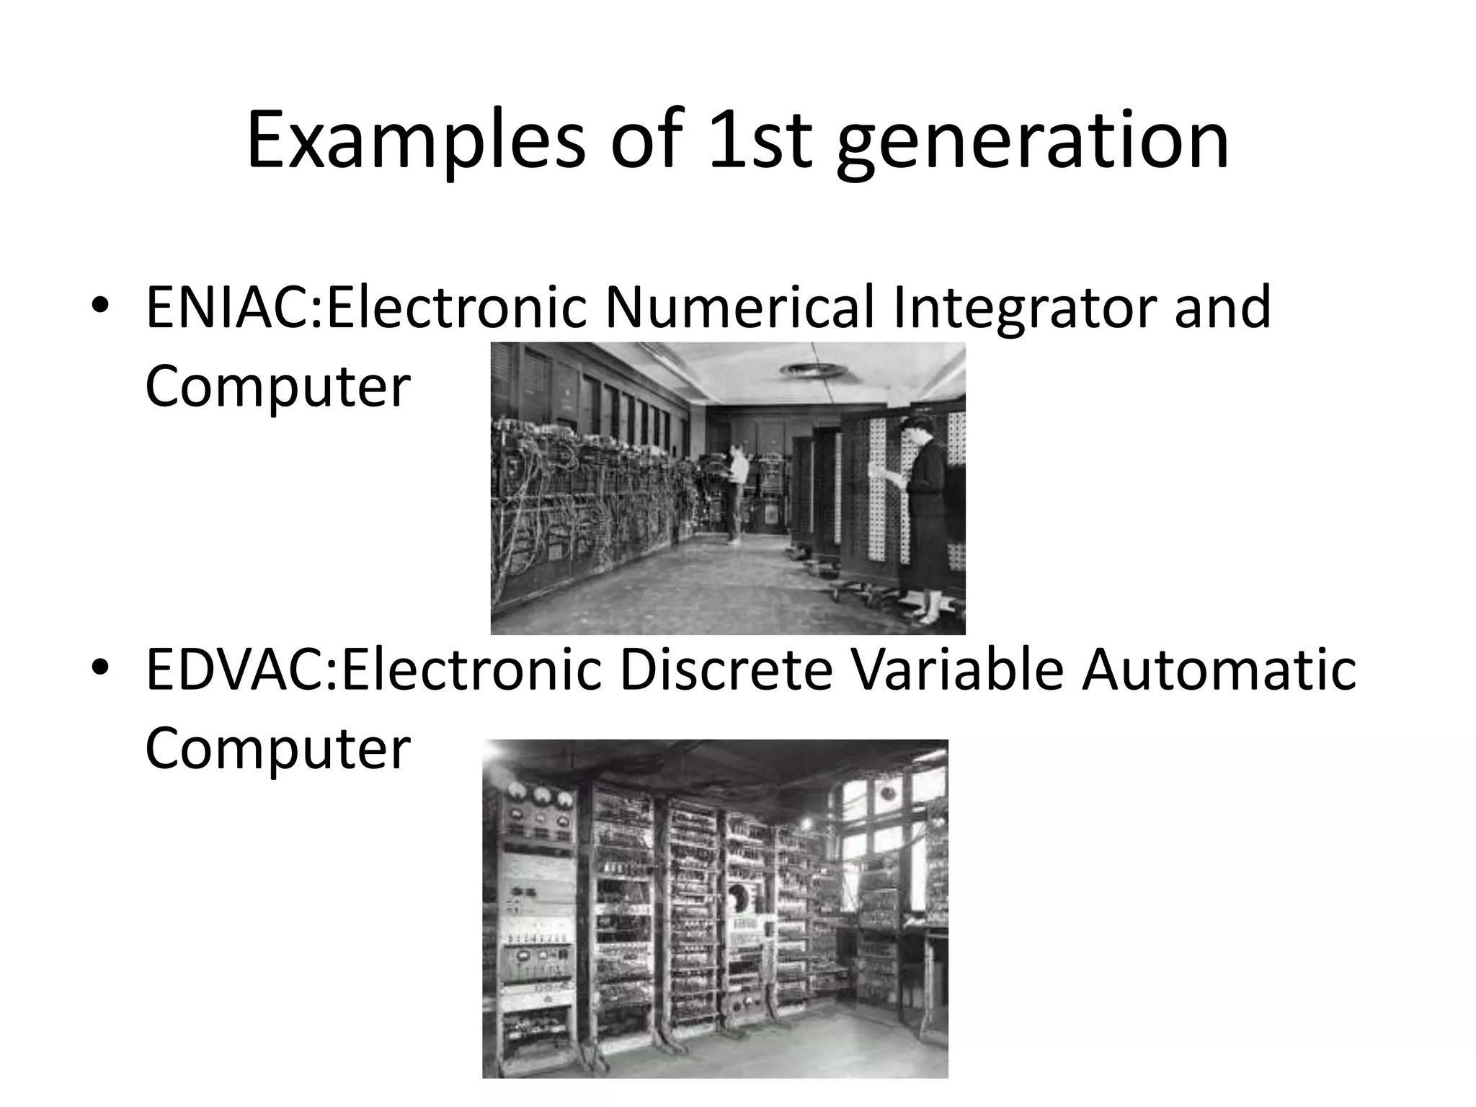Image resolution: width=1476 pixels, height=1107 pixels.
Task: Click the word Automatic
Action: click(x=1219, y=670)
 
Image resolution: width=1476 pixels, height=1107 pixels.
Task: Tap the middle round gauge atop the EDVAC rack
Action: click(x=541, y=796)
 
